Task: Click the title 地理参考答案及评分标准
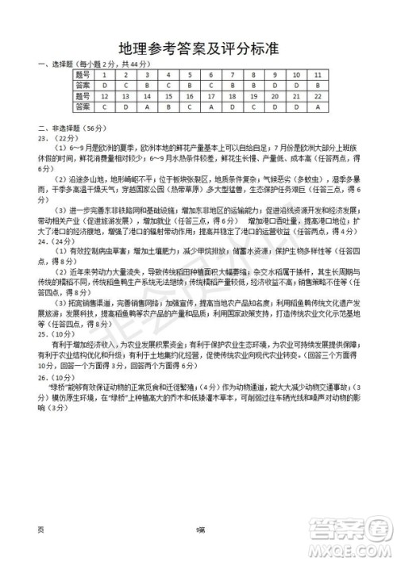click(x=198, y=49)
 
